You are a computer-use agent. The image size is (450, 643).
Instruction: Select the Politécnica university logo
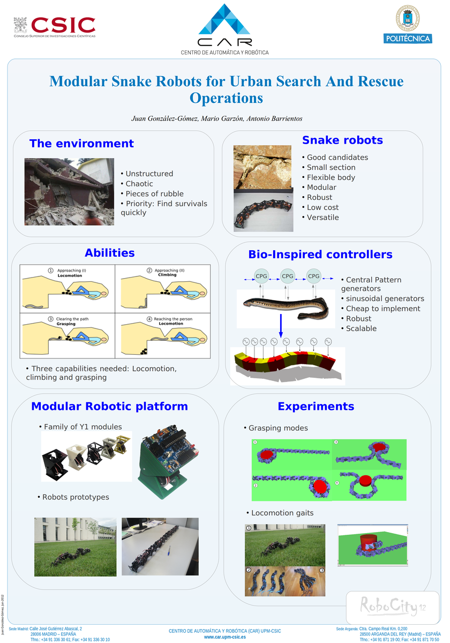tap(408, 25)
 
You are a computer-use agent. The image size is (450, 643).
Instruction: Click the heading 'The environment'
tap(81, 144)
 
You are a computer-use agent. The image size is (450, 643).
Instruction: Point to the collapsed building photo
tap(69, 192)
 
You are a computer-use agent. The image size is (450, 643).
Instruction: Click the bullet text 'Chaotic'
tap(139, 184)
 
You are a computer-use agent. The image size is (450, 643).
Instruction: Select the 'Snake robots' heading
tap(342, 140)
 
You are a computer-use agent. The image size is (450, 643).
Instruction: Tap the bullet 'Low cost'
tap(322, 207)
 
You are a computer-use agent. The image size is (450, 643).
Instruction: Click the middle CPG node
tap(288, 276)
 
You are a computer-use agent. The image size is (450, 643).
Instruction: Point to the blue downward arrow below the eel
tap(280, 326)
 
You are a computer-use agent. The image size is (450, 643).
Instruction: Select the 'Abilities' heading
tap(110, 253)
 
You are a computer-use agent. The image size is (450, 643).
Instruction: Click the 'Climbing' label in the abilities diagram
tap(167, 275)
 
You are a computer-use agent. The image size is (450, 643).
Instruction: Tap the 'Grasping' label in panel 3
tap(66, 324)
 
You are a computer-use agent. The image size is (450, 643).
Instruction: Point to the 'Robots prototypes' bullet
tap(76, 497)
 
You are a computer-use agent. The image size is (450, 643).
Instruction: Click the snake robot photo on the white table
tap(160, 546)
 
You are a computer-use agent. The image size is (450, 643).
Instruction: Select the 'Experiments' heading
tap(316, 407)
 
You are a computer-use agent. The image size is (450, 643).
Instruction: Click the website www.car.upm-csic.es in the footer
tap(225, 637)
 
